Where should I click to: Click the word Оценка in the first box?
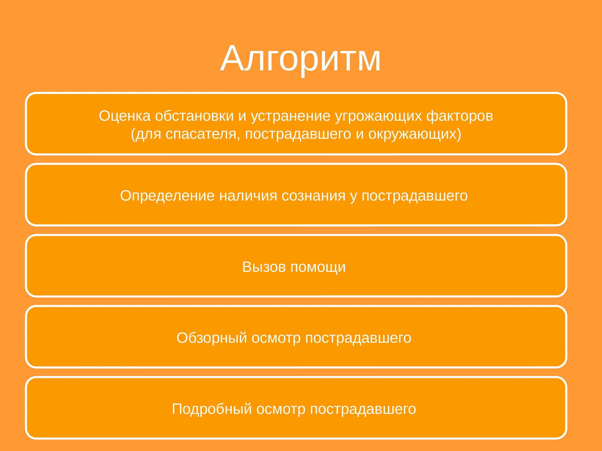coord(125,116)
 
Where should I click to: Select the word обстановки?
coord(194,116)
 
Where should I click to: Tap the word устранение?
coord(290,116)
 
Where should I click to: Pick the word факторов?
coord(460,116)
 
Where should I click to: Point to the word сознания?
coord(313,196)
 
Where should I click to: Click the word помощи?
coord(318,267)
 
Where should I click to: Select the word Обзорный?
coord(212,338)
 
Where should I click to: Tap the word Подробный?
coord(212,409)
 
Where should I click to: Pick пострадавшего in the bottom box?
coord(363,409)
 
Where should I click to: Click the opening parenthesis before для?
coord(133,134)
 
